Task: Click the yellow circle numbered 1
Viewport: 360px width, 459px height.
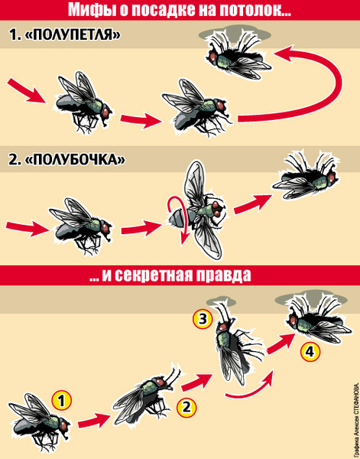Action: (62, 402)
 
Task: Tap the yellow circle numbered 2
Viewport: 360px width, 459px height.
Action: (186, 407)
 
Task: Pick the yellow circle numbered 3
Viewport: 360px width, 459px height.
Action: (203, 319)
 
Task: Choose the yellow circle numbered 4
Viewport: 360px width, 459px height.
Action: (310, 352)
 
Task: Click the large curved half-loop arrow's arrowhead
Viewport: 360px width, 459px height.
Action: (284, 54)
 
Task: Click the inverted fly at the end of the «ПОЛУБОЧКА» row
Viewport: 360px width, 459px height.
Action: (306, 177)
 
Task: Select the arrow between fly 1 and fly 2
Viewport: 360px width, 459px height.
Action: (93, 422)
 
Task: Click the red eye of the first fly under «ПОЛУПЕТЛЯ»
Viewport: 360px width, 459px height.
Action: (105, 112)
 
